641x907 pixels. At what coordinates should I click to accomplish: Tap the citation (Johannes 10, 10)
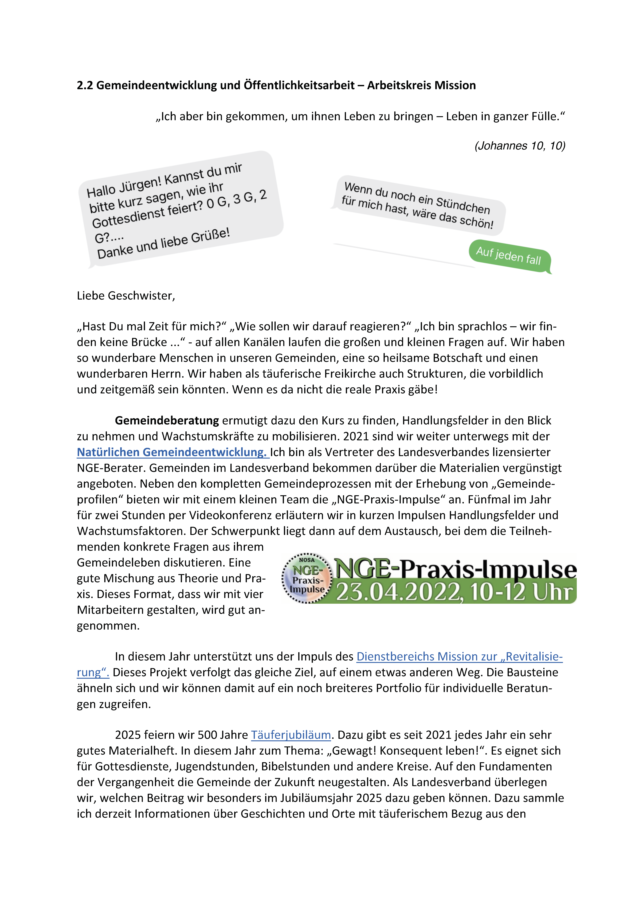(x=520, y=146)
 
